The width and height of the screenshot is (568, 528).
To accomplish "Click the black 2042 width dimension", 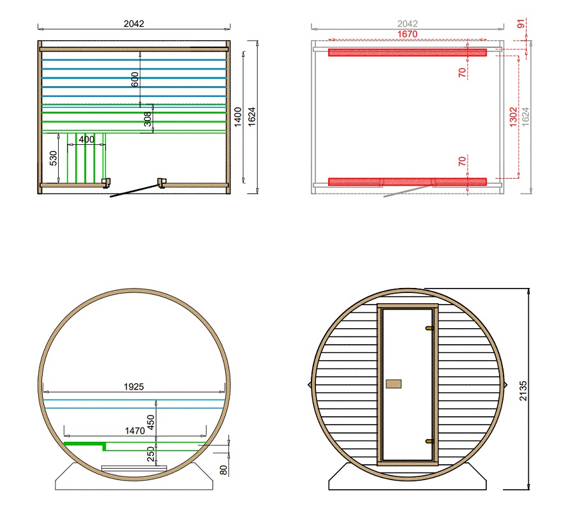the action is pos(133,24).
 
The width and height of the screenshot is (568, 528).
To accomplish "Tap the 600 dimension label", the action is pos(135,79).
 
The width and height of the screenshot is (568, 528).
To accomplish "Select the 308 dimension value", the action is pos(147,119).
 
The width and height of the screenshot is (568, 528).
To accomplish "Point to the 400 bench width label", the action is pos(87,140).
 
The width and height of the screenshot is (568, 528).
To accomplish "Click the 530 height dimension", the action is pos(53,158).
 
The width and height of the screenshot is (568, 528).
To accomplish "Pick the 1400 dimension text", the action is pos(237,117).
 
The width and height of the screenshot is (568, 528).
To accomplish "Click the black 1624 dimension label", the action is pos(251,117).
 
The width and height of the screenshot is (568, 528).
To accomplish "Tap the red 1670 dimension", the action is pos(408,34).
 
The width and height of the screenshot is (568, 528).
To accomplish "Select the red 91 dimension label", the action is pos(521,24).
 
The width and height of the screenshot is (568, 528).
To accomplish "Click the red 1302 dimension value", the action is pos(513,117).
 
